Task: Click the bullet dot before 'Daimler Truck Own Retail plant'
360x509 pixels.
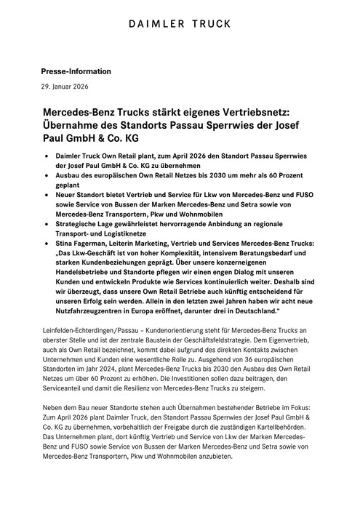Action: [x=48, y=156]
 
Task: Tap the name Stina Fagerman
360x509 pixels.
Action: [x=92, y=246]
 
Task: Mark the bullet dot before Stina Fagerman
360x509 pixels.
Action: [x=48, y=246]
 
